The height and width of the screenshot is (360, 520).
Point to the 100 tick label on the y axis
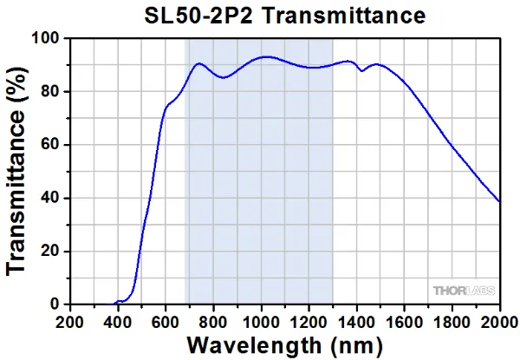click(47, 39)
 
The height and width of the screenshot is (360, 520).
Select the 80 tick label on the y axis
click(51, 92)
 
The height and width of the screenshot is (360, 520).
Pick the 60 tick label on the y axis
click(51, 145)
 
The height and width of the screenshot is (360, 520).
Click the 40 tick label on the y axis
click(51, 198)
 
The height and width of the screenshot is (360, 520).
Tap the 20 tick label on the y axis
click(51, 252)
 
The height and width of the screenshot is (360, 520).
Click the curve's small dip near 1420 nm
click(361, 70)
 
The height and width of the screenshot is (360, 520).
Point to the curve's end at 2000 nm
click(500, 202)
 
